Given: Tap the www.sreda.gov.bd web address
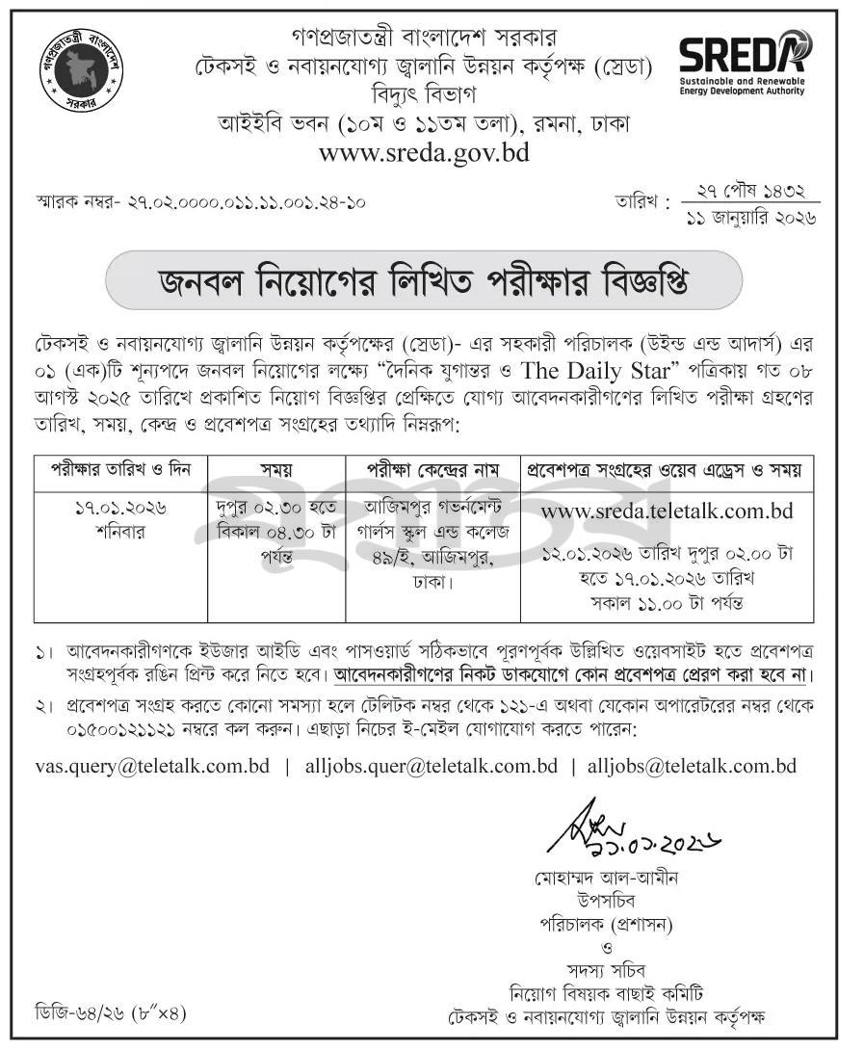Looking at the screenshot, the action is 424,152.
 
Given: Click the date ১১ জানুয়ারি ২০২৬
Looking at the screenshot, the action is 749,218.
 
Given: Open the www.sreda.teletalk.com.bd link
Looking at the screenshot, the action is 667,511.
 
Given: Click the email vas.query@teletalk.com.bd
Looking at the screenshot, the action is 152,767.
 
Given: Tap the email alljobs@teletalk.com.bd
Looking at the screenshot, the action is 692,767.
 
